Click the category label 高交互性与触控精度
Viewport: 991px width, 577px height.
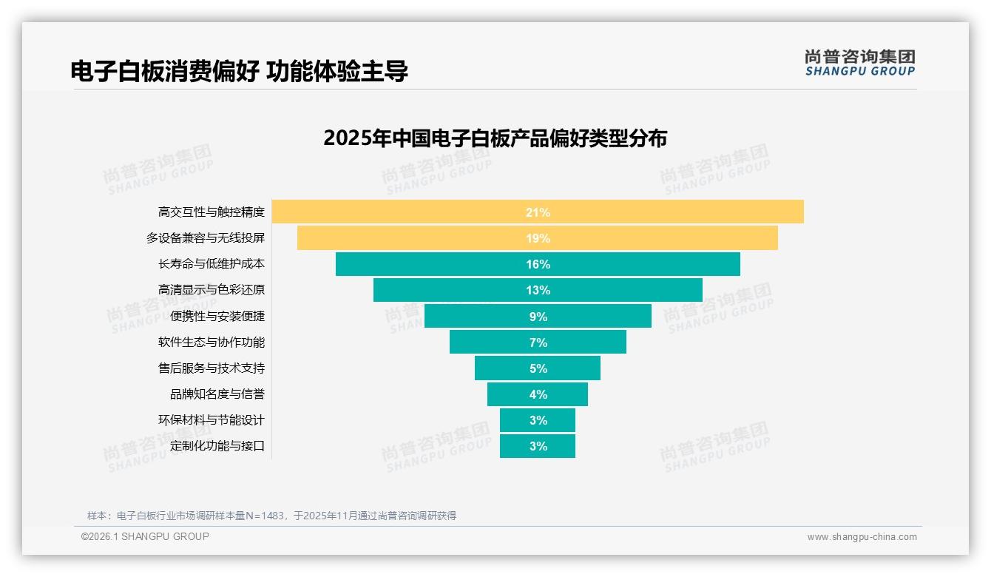click(211, 212)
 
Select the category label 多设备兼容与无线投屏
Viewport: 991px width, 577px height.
click(205, 238)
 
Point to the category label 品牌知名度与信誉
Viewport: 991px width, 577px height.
click(217, 394)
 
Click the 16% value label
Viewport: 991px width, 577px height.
click(538, 264)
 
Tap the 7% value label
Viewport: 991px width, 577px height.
click(538, 343)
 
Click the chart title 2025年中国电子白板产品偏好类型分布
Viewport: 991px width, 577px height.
click(495, 138)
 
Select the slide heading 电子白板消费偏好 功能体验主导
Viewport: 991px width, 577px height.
click(239, 71)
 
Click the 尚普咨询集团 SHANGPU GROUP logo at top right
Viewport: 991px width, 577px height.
click(859, 62)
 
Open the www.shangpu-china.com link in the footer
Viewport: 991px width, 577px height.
click(862, 537)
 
